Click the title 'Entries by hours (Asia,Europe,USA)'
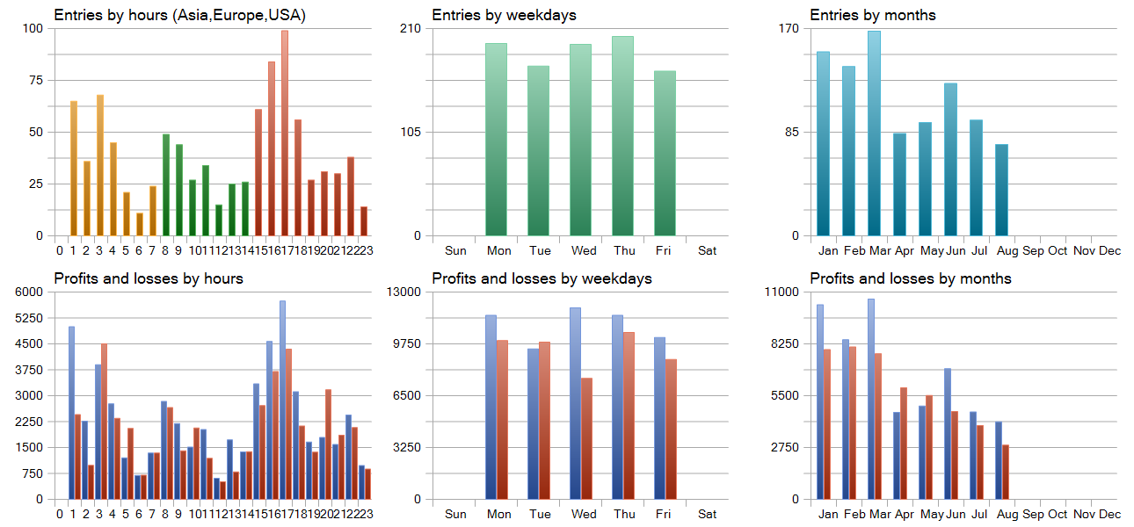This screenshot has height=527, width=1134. coord(179,16)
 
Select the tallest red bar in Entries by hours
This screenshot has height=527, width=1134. coord(285,133)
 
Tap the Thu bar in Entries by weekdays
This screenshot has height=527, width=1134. coord(622,136)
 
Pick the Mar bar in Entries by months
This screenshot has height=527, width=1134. coord(875,134)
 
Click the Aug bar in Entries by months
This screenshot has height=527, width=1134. coord(1002,191)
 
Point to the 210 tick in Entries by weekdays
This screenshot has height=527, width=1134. coord(411,28)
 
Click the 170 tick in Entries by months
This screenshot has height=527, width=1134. coord(789,28)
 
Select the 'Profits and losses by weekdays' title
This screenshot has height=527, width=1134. coord(542,278)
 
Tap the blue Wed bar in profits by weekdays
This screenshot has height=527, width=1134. coord(575,404)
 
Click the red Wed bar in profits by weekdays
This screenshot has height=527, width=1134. coord(586,438)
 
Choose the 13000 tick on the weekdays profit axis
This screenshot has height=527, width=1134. coord(404,292)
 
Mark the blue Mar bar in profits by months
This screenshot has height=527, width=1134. coord(871,399)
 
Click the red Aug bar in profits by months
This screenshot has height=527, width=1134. coord(1006,472)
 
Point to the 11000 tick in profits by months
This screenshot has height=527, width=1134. coord(782,292)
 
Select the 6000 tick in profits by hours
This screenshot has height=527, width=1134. coord(29,292)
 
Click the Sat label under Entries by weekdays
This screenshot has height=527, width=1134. coord(708,251)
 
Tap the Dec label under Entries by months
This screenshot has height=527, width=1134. coord(1110,251)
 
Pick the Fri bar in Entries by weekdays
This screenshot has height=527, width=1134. coord(665,153)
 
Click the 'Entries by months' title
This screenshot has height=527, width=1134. coord(873,15)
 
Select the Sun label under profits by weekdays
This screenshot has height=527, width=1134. coord(455,515)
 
